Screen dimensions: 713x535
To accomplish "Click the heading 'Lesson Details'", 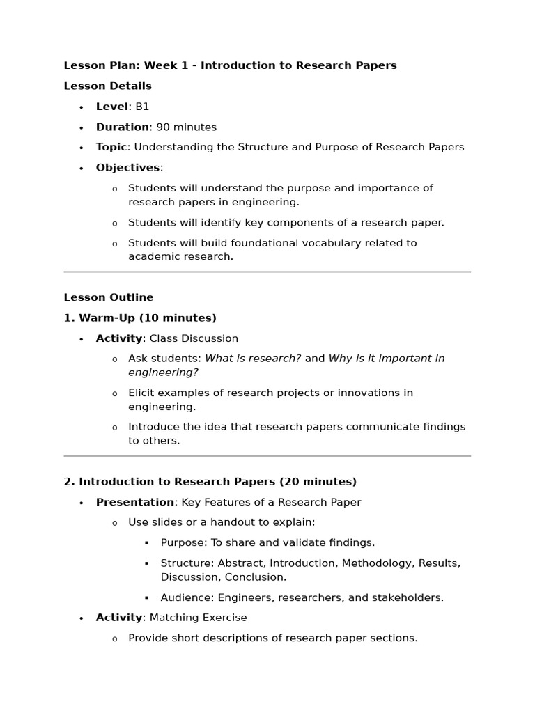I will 107,86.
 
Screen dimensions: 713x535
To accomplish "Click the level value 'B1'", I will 142,107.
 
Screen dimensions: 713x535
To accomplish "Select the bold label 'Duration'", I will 122,127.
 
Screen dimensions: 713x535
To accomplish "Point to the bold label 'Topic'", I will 111,147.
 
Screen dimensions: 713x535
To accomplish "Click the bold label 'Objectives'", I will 127,168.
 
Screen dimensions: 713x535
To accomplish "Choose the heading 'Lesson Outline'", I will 109,297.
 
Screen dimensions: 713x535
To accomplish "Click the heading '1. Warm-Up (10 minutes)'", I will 140,318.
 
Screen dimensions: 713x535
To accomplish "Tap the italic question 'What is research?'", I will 253,359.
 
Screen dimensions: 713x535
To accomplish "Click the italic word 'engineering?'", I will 163,373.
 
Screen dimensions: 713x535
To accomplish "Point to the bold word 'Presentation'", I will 135,502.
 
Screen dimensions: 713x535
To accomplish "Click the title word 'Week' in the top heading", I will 158,65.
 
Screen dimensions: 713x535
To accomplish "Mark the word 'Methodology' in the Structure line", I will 372,563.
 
